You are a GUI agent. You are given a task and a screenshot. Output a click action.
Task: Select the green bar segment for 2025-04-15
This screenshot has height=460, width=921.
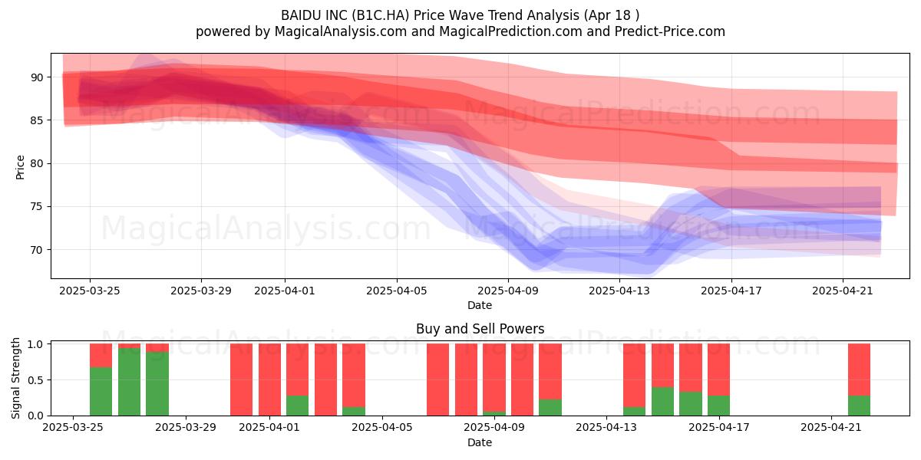[663, 401]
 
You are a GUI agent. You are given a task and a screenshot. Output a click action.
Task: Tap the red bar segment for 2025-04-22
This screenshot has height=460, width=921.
[859, 370]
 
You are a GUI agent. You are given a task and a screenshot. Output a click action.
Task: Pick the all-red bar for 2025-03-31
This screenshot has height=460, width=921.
[269, 379]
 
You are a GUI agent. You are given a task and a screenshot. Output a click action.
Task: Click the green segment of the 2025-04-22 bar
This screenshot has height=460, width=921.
[859, 406]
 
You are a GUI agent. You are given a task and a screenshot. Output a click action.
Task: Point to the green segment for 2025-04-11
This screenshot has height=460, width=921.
[550, 407]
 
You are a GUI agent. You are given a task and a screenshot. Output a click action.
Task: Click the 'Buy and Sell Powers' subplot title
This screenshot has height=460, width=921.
[480, 329]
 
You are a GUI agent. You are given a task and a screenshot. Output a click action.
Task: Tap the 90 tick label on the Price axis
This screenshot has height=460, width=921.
[37, 77]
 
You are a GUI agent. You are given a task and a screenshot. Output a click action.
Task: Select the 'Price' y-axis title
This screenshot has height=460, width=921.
[20, 167]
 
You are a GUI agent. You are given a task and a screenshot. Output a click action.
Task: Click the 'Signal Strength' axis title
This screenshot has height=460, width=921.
[15, 378]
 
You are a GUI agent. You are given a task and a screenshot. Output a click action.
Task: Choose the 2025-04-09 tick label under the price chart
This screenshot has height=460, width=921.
[508, 291]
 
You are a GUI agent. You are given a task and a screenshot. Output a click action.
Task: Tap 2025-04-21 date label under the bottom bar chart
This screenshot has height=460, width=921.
[831, 427]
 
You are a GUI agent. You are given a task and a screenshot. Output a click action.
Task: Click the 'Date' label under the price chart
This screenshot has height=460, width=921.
[480, 305]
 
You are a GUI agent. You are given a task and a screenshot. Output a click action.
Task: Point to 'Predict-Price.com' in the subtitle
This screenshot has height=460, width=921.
[670, 31]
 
